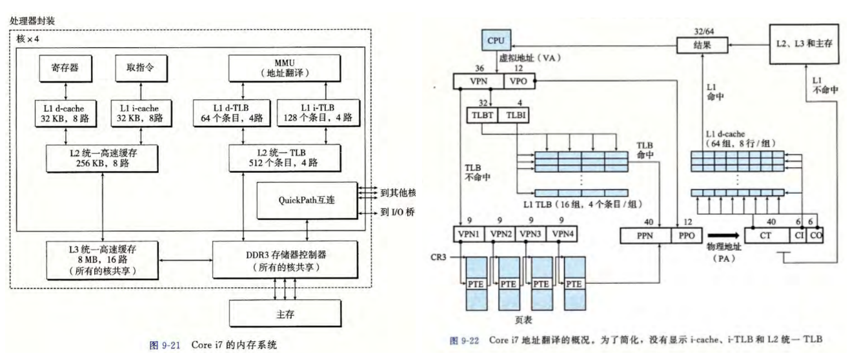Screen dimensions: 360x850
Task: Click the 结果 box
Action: click(702, 46)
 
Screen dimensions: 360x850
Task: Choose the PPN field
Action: click(643, 235)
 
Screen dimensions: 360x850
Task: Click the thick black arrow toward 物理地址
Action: click(722, 235)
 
